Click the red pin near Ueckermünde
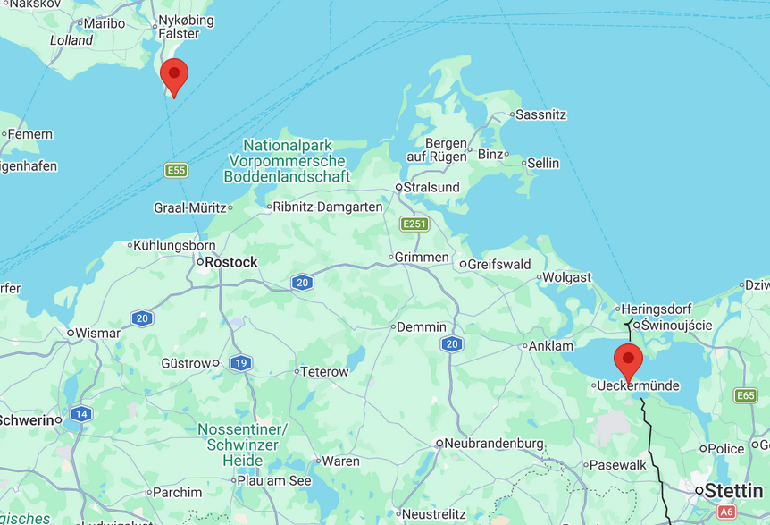point(628,361)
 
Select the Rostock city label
point(230,262)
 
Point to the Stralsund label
point(431,188)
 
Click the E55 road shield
point(176,170)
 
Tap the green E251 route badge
point(414,224)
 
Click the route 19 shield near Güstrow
point(239,363)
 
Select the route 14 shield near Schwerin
point(81,413)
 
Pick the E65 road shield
point(745,395)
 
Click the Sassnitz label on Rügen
point(541,114)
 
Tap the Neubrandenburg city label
point(494,443)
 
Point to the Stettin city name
point(734,490)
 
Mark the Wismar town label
point(97,333)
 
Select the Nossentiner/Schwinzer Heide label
point(242,445)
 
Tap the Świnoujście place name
point(676,325)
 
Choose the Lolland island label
point(71,40)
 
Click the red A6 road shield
point(727,512)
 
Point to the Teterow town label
point(324,371)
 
